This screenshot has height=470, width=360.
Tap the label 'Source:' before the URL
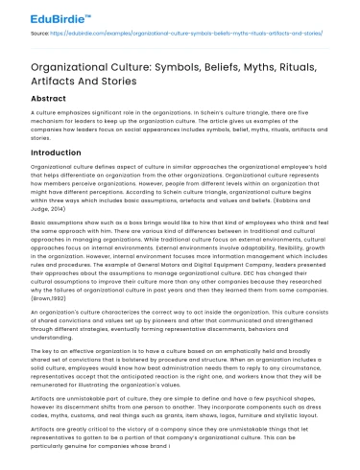click(x=40, y=32)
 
